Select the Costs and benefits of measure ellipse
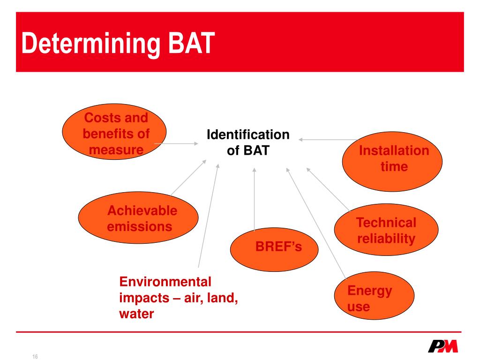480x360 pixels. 115,134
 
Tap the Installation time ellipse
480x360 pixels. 393,161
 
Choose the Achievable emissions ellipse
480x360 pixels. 138,219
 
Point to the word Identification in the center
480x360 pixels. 248,135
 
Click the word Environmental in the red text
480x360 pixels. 165,282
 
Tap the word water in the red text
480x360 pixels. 136,314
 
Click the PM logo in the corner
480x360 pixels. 443,346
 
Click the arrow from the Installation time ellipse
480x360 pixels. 328,139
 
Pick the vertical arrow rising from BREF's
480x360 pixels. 255,199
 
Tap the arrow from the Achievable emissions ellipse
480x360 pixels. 187,178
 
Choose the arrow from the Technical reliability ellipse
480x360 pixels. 328,189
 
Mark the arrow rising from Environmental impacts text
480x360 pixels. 209,216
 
